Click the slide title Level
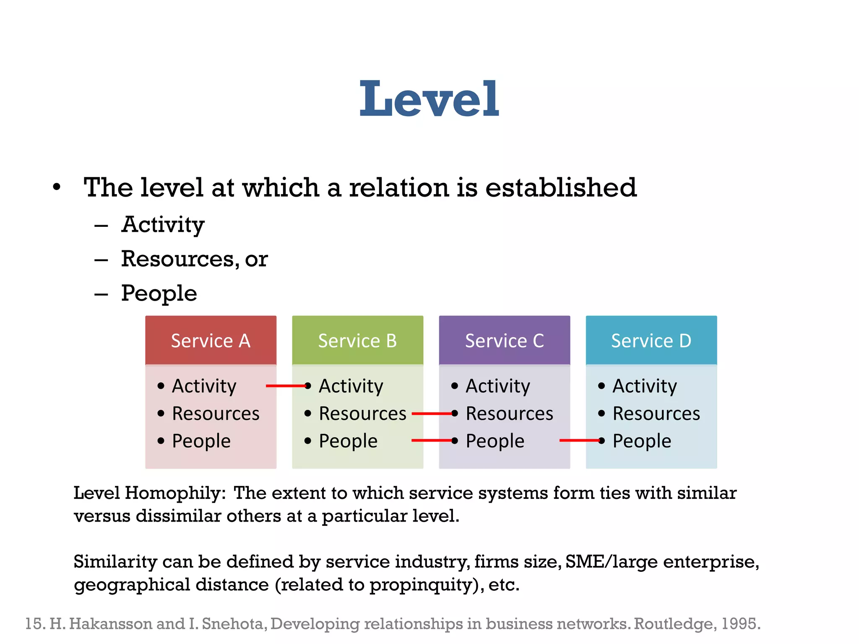tap(429, 99)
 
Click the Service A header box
tap(211, 340)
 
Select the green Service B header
tap(357, 340)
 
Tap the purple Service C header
tap(504, 340)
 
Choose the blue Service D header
tap(651, 340)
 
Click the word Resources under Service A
tap(216, 414)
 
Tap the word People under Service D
tap(642, 441)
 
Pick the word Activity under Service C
tap(498, 386)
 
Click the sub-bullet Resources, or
tap(194, 259)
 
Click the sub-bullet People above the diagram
tap(159, 293)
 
